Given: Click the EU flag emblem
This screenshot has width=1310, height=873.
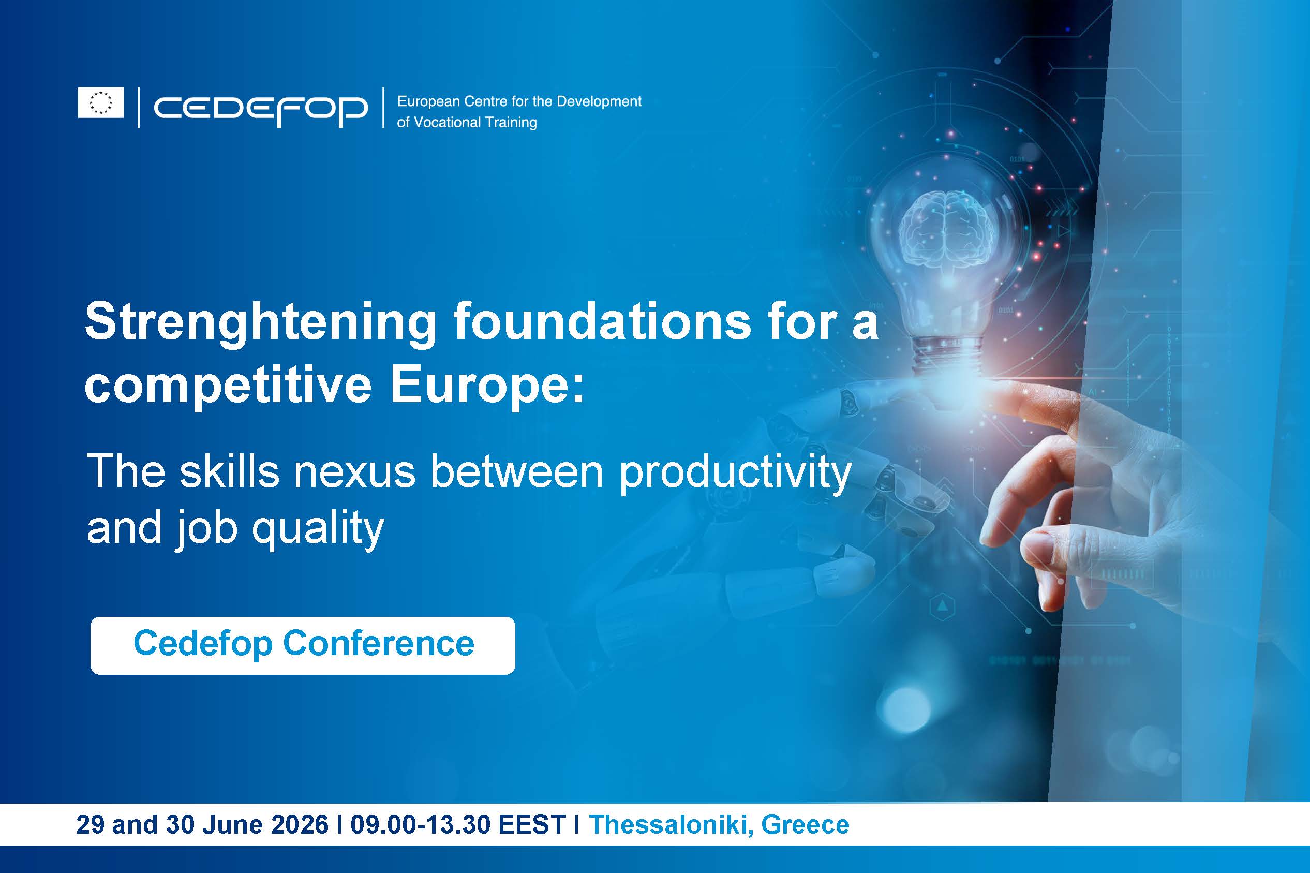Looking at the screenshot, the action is tap(101, 102).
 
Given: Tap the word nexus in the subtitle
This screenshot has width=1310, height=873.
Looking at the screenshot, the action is tap(354, 472).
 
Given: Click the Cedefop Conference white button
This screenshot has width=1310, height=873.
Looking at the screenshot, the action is tap(303, 645).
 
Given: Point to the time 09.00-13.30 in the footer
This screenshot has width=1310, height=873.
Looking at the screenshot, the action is tap(421, 824).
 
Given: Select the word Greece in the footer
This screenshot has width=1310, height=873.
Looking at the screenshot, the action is tap(805, 824).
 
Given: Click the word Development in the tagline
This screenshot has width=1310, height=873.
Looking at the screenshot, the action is tap(599, 102).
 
